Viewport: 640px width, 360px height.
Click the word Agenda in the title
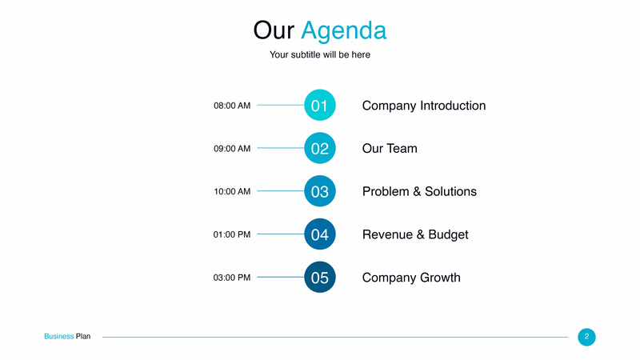click(343, 30)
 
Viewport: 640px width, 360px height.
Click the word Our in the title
click(274, 30)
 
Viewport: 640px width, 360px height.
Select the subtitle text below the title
click(320, 55)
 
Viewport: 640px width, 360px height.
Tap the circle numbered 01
click(320, 106)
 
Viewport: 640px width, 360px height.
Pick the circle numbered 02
click(320, 149)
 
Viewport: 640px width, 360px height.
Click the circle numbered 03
click(320, 192)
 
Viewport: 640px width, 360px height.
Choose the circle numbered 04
click(320, 234)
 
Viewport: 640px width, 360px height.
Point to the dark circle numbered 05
click(320, 278)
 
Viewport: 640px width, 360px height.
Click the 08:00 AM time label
click(232, 106)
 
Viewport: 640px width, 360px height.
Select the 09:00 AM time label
click(232, 149)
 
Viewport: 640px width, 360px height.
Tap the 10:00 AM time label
click(232, 192)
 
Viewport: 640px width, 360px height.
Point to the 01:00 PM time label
click(232, 234)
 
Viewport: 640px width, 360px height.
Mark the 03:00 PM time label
click(232, 278)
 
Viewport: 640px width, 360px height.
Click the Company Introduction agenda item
click(424, 106)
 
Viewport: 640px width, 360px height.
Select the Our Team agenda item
click(390, 149)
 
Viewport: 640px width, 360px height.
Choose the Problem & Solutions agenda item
click(419, 192)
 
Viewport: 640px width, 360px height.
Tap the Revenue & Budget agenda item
click(415, 234)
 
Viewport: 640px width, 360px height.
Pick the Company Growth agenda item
click(411, 278)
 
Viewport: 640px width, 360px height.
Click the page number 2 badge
click(586, 337)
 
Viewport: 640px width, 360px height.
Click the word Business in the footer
click(58, 337)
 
